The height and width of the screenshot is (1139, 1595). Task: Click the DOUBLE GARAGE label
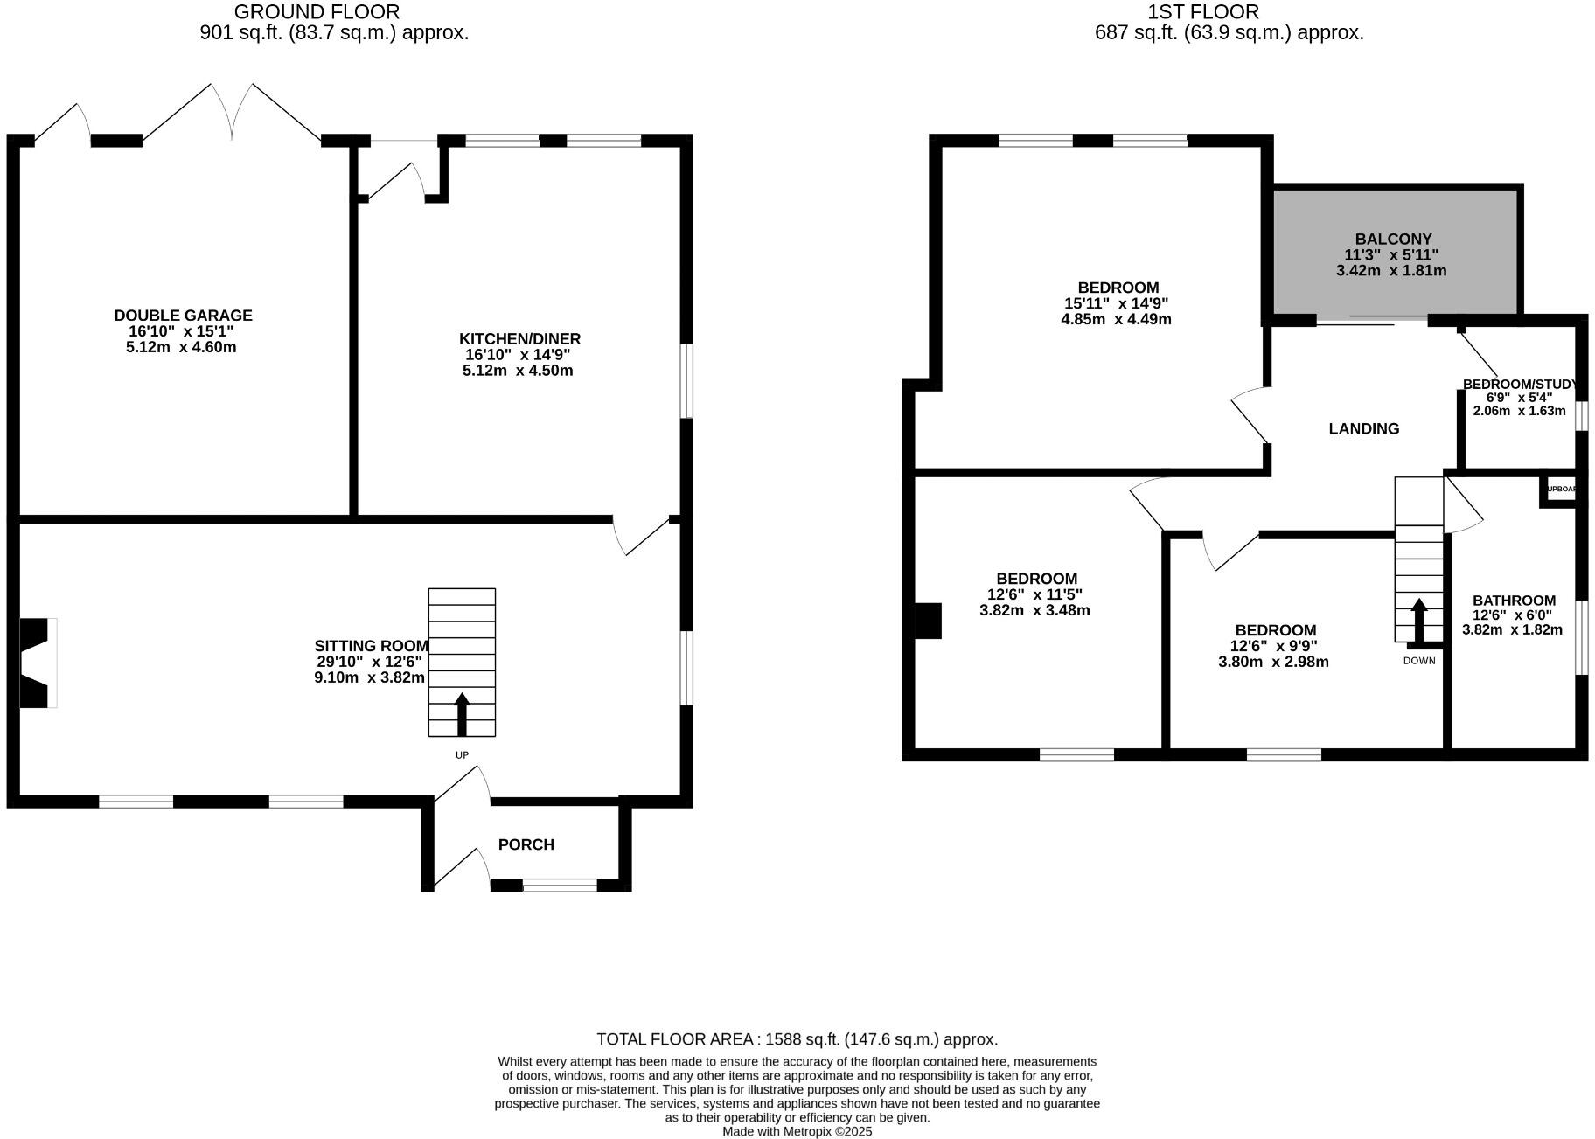(x=183, y=316)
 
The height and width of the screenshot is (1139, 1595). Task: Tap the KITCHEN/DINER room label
(x=519, y=339)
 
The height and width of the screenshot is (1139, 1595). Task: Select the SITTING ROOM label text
(x=372, y=646)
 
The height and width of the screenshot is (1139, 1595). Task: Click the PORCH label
(x=526, y=844)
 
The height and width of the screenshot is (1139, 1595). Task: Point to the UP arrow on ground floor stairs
(x=462, y=713)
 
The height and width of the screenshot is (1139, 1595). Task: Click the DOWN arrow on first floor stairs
(x=1418, y=620)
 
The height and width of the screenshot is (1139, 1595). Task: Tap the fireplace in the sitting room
(x=37, y=663)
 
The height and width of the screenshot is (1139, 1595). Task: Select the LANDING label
(x=1363, y=428)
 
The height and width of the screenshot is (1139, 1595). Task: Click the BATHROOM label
(x=1514, y=601)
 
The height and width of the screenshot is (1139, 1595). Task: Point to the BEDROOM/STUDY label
(x=1519, y=385)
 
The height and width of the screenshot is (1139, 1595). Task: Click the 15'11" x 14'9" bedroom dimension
(x=1116, y=303)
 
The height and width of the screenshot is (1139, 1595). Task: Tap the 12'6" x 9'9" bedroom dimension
(x=1273, y=646)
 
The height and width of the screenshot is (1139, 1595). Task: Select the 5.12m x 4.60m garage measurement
(x=181, y=347)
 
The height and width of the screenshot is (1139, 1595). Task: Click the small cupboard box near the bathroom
(x=1560, y=490)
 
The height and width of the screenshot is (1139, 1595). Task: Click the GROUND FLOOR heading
(x=317, y=12)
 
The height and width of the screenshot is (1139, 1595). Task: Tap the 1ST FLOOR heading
(x=1203, y=12)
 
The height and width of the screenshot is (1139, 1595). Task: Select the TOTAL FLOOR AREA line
(x=797, y=1039)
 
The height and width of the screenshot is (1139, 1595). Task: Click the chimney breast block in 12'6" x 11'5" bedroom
(x=928, y=621)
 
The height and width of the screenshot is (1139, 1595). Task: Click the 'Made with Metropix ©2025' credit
(x=797, y=1131)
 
